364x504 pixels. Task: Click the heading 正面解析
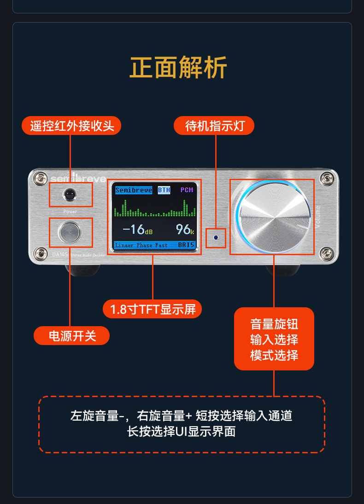(178, 68)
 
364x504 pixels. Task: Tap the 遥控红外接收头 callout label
(72, 126)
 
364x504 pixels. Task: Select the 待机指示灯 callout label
(214, 126)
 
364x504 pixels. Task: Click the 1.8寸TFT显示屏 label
(153, 309)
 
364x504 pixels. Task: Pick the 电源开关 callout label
(72, 335)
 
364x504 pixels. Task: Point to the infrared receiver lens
(70, 194)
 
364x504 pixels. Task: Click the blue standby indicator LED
(216, 238)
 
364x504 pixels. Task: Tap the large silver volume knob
(273, 217)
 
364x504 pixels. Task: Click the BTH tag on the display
(164, 190)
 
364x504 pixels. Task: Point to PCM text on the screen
(187, 190)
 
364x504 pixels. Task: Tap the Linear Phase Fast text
(141, 245)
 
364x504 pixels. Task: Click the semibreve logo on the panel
(78, 179)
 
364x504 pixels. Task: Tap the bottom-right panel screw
(327, 252)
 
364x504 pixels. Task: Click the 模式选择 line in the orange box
(274, 355)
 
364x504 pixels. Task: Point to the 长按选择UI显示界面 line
(182, 432)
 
